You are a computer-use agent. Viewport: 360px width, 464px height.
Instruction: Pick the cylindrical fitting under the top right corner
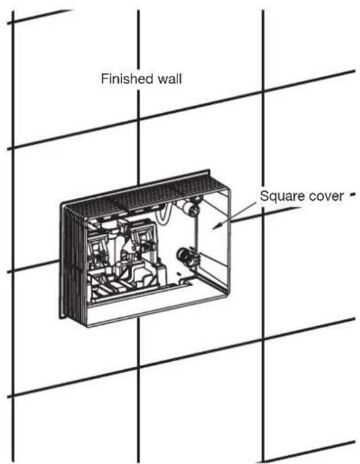point(189,209)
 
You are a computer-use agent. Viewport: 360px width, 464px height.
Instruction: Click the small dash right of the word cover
point(352,195)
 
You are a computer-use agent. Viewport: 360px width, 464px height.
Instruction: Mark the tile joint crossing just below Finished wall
point(138,119)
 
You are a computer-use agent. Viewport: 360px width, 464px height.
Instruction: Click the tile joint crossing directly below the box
point(138,367)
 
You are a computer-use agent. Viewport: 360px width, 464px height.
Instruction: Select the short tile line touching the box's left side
point(33,266)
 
